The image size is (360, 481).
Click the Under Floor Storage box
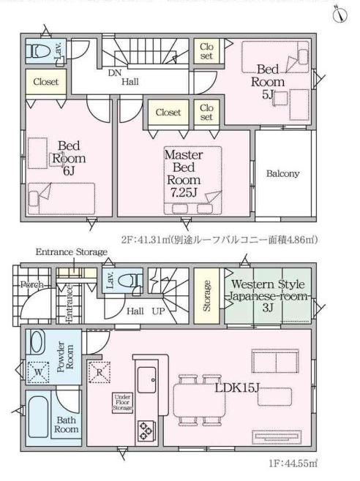click(x=121, y=402)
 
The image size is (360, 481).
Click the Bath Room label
click(x=67, y=425)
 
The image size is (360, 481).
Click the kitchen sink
click(x=146, y=379)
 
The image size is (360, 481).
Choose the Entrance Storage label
click(x=72, y=252)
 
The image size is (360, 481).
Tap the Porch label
click(x=31, y=284)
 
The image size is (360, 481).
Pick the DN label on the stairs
click(x=115, y=73)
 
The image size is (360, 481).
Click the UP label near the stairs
click(x=157, y=310)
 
